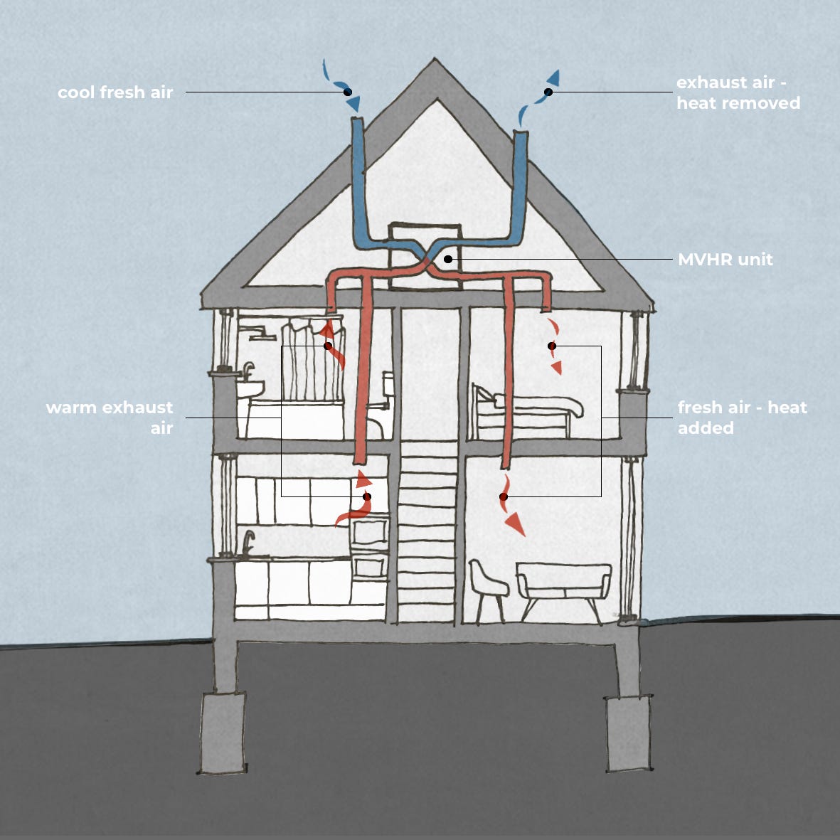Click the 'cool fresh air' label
click(x=115, y=92)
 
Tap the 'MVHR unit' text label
click(x=725, y=260)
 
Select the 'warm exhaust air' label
click(x=110, y=417)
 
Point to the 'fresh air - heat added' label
click(x=742, y=417)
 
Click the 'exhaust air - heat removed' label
click(x=738, y=92)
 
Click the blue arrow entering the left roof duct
click(x=351, y=102)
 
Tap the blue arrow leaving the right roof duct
click(x=553, y=79)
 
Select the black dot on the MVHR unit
click(x=448, y=259)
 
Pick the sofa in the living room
click(x=563, y=583)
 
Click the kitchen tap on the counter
click(x=248, y=543)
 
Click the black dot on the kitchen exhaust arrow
click(x=367, y=496)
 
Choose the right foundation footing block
click(x=629, y=733)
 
